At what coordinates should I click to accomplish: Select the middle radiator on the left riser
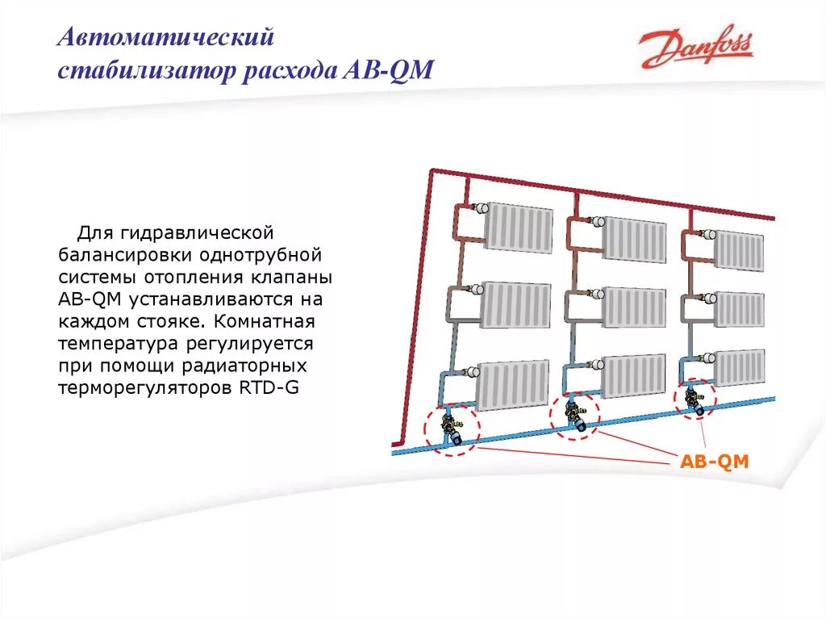(515, 305)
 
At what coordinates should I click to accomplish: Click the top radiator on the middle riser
(635, 239)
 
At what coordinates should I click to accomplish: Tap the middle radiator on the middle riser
(635, 307)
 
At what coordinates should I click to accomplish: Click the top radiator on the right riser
(739, 250)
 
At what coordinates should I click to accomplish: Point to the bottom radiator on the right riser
(740, 368)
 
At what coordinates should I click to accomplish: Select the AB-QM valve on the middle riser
(578, 416)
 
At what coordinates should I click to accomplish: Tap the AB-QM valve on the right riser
(694, 401)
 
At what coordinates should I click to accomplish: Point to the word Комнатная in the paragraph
(262, 321)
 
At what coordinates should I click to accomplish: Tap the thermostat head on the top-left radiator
(479, 208)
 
